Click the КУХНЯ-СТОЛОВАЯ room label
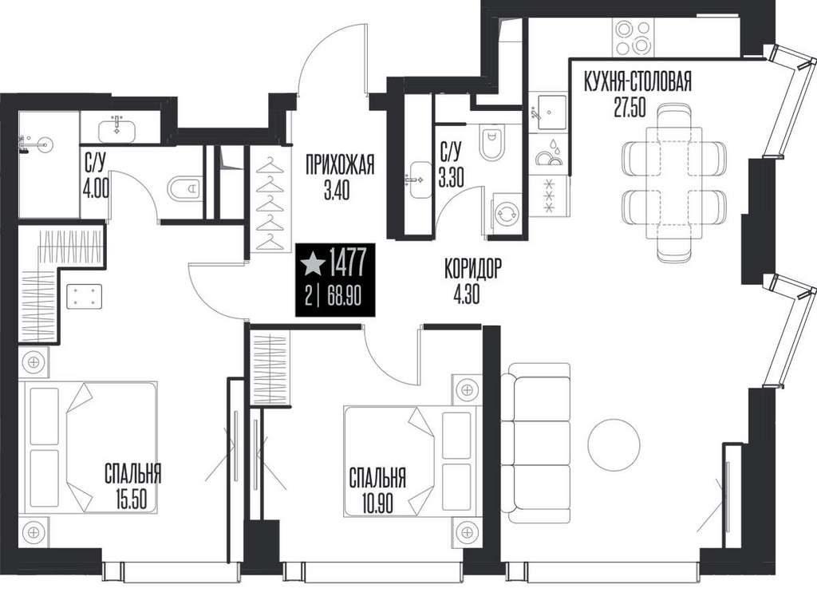click(637, 82)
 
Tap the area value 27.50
click(630, 108)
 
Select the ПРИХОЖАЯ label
click(340, 166)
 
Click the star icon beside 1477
click(313, 263)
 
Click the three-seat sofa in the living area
click(535, 444)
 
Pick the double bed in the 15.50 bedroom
click(88, 448)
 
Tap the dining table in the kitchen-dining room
click(675, 183)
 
